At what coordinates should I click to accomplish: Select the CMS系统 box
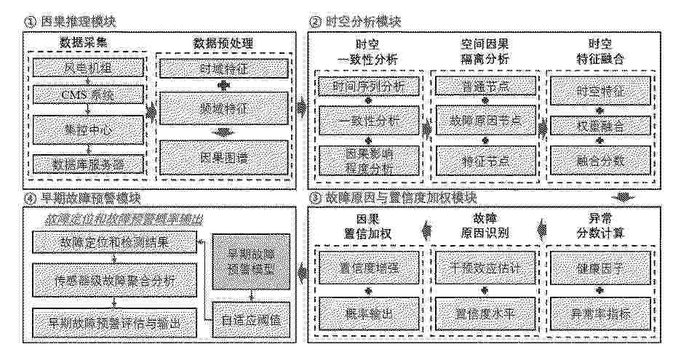[x=87, y=95]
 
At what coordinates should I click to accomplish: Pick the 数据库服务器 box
[x=87, y=163]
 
